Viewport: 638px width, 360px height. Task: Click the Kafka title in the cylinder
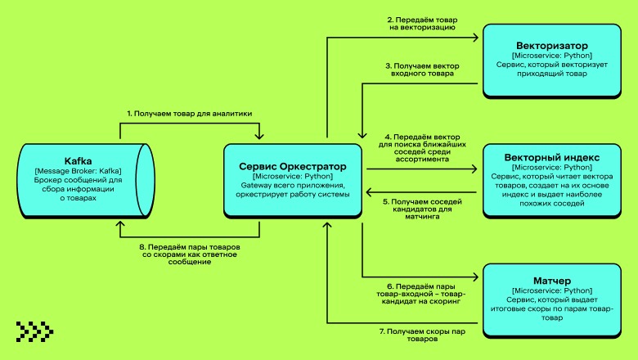(x=79, y=160)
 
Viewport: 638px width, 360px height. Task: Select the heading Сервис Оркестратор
(x=294, y=166)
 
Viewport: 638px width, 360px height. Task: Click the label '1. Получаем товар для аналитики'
(x=190, y=114)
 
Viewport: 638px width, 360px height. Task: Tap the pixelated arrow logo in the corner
(x=34, y=331)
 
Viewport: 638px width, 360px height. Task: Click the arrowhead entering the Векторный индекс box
(x=478, y=169)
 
